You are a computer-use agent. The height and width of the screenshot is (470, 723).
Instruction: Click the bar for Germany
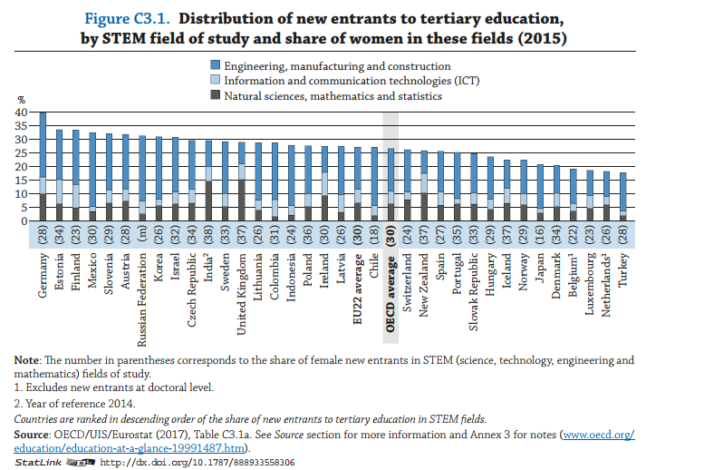pyautogui.click(x=43, y=167)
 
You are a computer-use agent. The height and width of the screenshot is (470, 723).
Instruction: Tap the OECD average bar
pyautogui.click(x=390, y=185)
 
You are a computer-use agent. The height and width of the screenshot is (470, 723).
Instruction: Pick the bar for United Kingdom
pyautogui.click(x=241, y=181)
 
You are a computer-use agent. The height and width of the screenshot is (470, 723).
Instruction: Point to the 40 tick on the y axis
pyautogui.click(x=22, y=113)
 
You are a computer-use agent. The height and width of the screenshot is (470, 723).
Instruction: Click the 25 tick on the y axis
pyautogui.click(x=22, y=153)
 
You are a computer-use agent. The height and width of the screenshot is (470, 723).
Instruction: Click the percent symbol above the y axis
pyautogui.click(x=22, y=99)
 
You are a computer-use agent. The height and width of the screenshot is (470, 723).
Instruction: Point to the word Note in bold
pyautogui.click(x=26, y=360)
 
